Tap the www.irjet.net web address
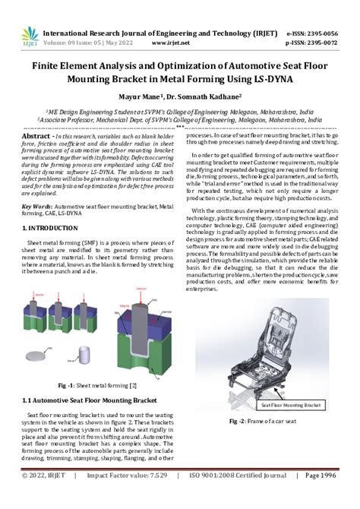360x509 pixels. click(x=191, y=45)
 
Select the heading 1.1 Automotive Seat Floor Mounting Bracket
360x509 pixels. click(x=91, y=399)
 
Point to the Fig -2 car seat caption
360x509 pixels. click(x=263, y=420)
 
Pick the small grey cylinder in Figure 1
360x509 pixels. click(x=87, y=354)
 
